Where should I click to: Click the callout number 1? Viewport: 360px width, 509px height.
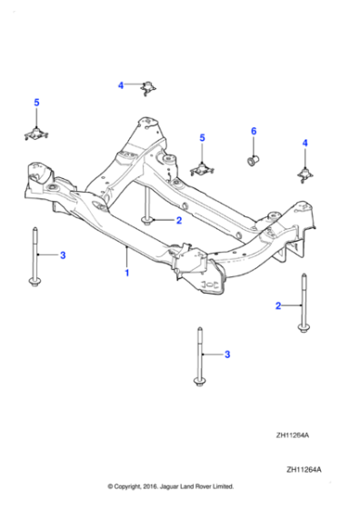pos(127,272)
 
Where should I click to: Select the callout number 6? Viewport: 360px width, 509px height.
pos(254,133)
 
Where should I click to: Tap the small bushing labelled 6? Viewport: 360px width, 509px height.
pos(254,162)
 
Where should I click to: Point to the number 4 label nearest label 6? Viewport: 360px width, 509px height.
pos(305,144)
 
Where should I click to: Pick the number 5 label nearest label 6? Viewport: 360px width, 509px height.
pos(202,137)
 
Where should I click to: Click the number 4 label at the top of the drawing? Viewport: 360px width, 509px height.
pos(120,85)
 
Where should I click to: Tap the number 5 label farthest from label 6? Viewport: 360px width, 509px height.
pos(36,103)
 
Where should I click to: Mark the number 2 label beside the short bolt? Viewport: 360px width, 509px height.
pos(179,220)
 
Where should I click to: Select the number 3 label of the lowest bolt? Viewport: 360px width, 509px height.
pos(227,354)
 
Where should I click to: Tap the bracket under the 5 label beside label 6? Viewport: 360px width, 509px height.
pos(201,168)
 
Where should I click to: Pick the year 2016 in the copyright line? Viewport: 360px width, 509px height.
pos(148,486)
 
